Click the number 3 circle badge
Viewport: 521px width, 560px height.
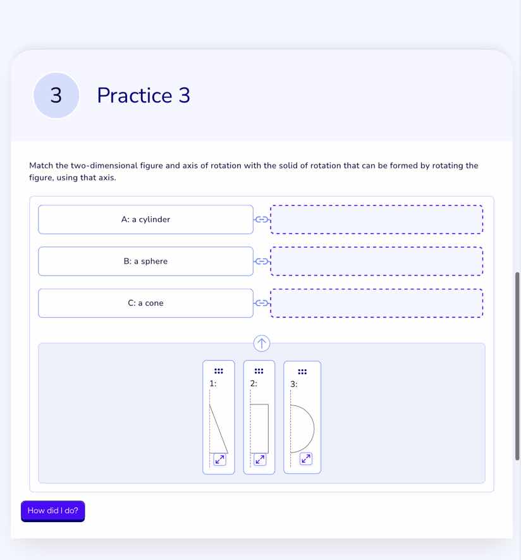pyautogui.click(x=56, y=95)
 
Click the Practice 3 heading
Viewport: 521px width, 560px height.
pyautogui.click(x=144, y=95)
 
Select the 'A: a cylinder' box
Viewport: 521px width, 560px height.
pyautogui.click(x=145, y=219)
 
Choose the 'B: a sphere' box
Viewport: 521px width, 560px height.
pyautogui.click(x=145, y=261)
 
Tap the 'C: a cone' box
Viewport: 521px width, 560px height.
pyautogui.click(x=145, y=303)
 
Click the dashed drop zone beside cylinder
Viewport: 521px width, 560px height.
pyautogui.click(x=376, y=219)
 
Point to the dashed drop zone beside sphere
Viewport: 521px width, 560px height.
pyautogui.click(x=376, y=261)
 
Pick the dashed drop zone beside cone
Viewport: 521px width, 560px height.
pyautogui.click(x=376, y=303)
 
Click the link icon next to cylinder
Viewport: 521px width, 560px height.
pyautogui.click(x=261, y=219)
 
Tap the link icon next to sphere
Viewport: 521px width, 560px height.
pyautogui.click(x=261, y=261)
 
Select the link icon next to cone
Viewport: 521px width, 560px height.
pyautogui.click(x=261, y=303)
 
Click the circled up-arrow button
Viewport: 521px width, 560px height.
pyautogui.click(x=262, y=343)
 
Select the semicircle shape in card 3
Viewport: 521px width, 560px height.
pyautogui.click(x=302, y=429)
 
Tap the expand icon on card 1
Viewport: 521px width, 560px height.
pyautogui.click(x=219, y=460)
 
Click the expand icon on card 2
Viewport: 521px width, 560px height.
pyautogui.click(x=259, y=460)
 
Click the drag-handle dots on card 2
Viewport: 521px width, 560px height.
pyautogui.click(x=259, y=370)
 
